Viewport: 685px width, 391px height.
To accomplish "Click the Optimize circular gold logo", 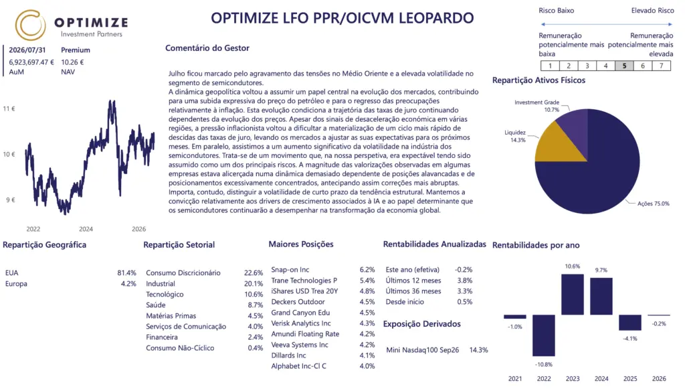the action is point(30,25).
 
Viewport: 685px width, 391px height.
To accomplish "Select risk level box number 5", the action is point(624,66).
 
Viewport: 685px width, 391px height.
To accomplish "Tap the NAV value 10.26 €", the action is point(72,62).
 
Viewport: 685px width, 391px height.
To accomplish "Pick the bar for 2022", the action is point(543,335).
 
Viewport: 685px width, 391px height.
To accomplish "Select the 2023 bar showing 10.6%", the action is point(573,295).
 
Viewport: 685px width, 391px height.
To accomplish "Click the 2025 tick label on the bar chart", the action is point(630,379).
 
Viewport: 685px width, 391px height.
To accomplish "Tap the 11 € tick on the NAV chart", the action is point(9,108).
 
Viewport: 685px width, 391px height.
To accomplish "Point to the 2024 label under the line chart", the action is point(86,229).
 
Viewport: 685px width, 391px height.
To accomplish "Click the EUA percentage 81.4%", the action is point(126,273).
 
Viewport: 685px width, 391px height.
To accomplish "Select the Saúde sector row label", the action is point(156,305).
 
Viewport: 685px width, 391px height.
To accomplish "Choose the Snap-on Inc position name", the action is point(290,269).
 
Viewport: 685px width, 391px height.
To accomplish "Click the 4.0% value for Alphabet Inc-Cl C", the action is point(367,366).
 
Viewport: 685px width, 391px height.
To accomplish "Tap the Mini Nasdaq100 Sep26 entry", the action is point(423,350).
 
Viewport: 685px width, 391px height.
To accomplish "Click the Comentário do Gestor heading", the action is point(207,48).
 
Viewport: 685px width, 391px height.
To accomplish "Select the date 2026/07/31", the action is point(27,50).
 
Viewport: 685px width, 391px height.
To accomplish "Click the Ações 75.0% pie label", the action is point(653,204).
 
